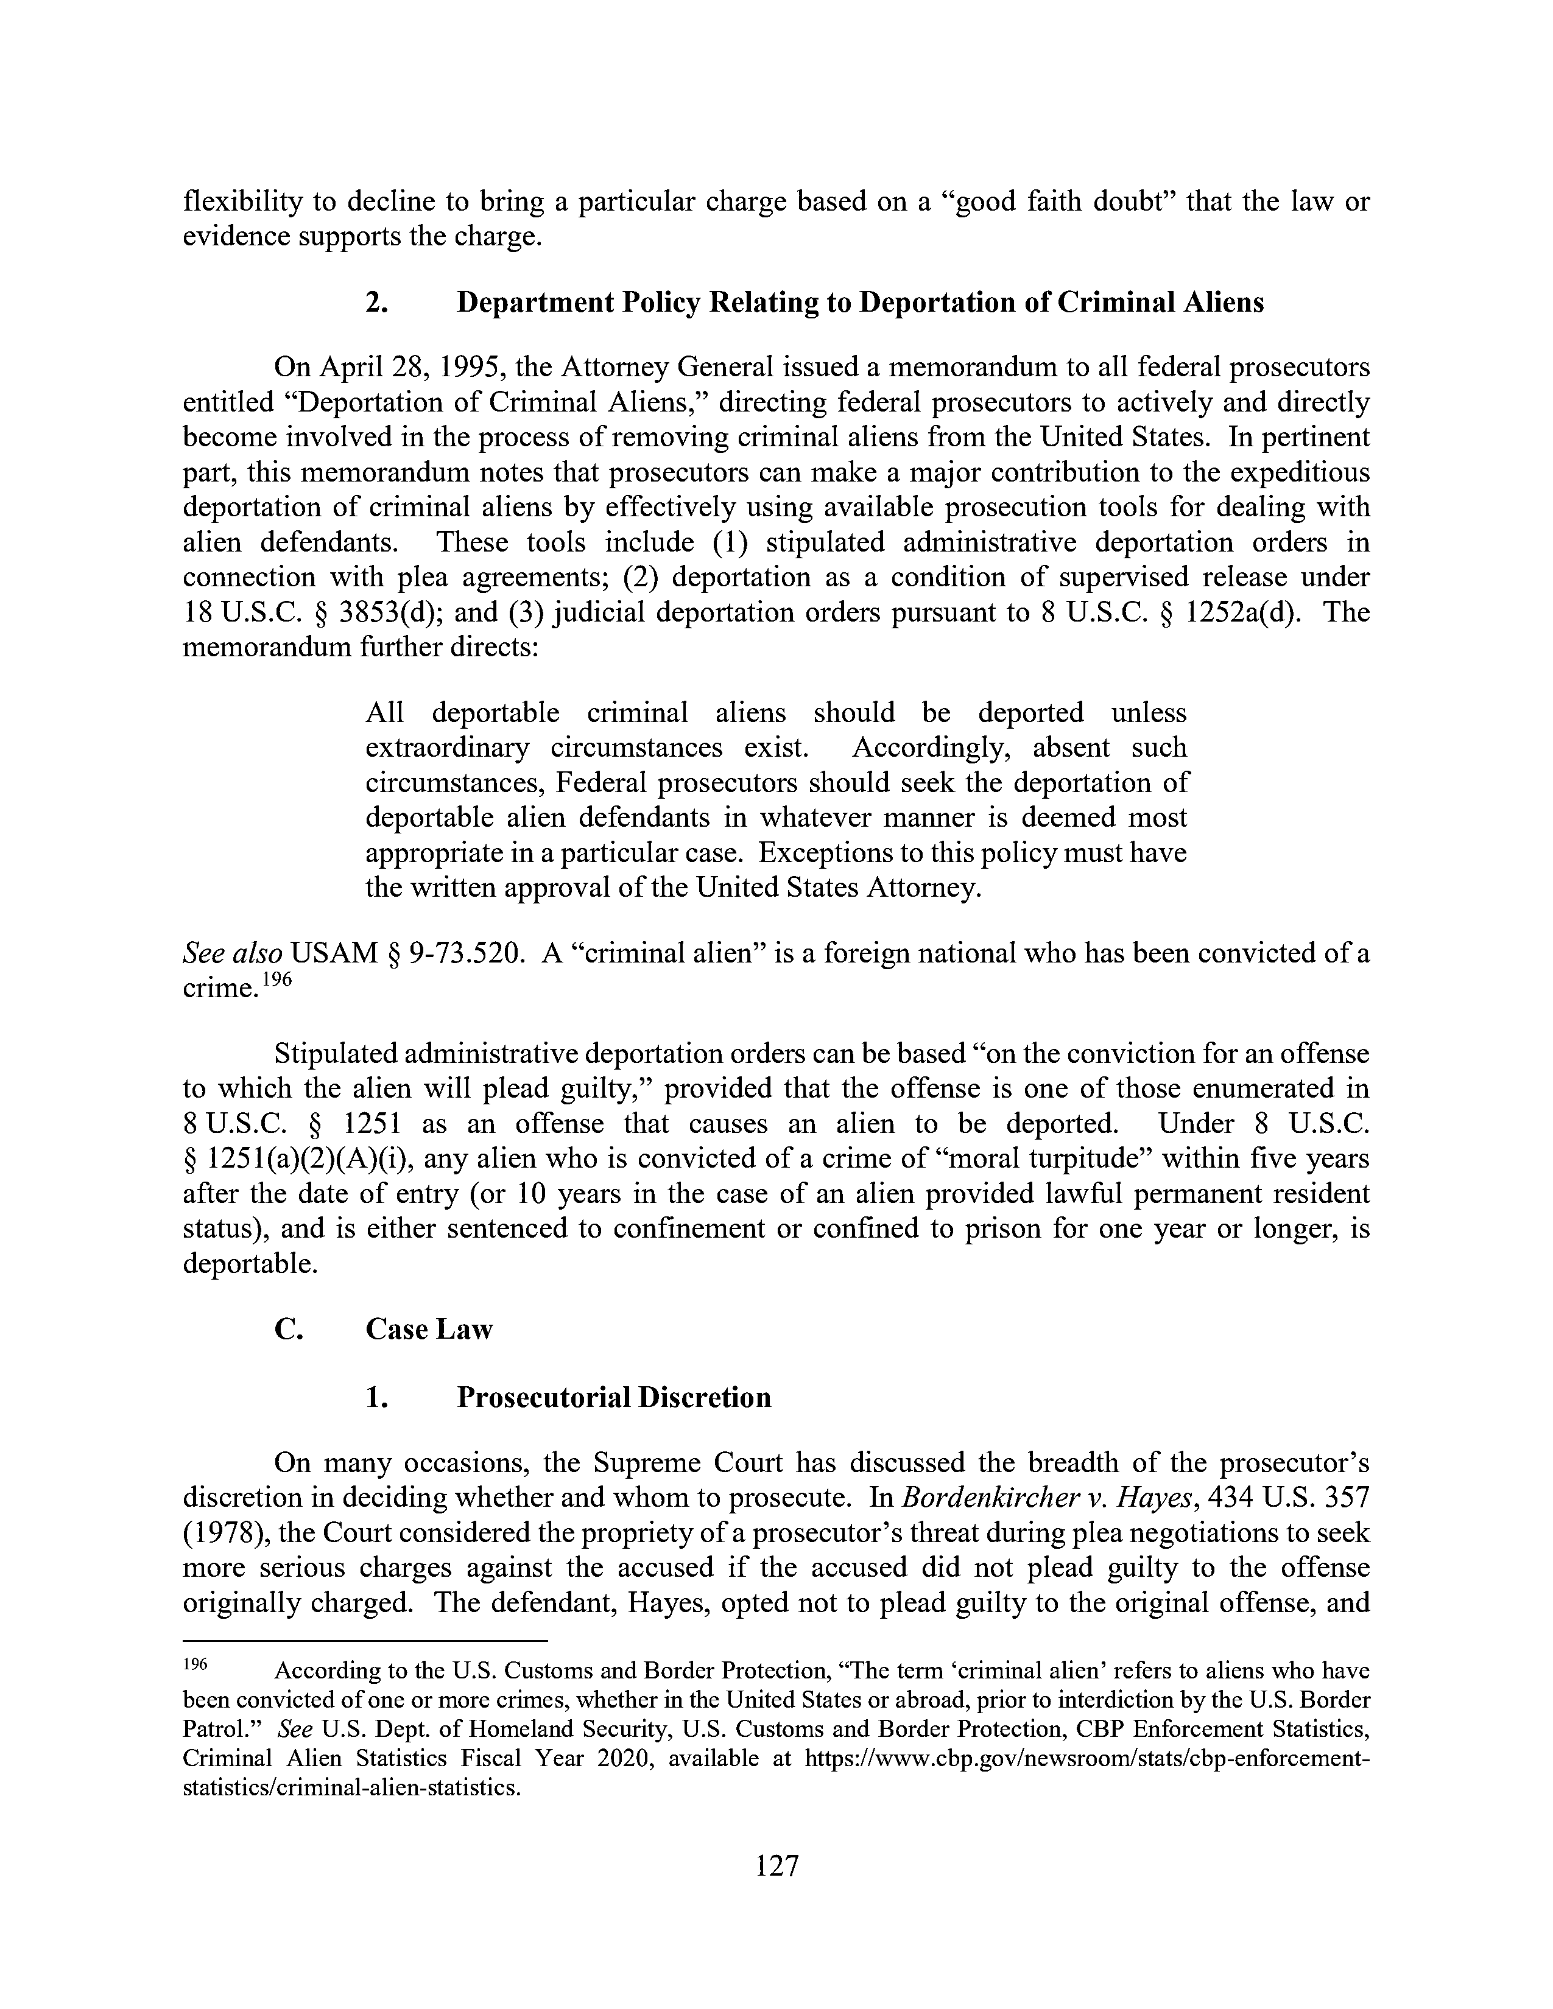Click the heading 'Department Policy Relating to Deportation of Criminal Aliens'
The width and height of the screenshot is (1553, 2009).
pyautogui.click(x=859, y=303)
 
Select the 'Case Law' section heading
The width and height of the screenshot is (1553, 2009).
pyautogui.click(x=429, y=1329)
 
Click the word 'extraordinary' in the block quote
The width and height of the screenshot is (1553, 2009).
pyautogui.click(x=447, y=747)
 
